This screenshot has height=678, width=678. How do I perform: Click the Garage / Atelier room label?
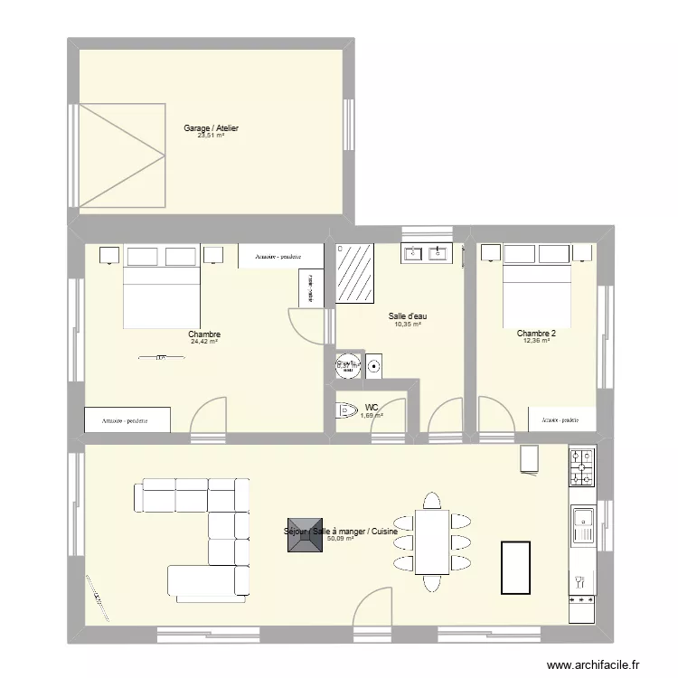pyautogui.click(x=211, y=128)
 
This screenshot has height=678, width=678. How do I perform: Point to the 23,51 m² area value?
pyautogui.click(x=211, y=137)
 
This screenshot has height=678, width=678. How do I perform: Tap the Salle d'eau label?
pyautogui.click(x=408, y=316)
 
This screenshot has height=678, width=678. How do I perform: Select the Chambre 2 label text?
pyautogui.click(x=536, y=334)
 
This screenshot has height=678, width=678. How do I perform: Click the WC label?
pyautogui.click(x=372, y=408)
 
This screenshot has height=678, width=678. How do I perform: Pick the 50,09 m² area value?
pyautogui.click(x=340, y=539)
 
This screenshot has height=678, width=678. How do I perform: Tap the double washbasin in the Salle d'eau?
pyautogui.click(x=426, y=253)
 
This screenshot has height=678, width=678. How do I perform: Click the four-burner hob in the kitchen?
pyautogui.click(x=581, y=467)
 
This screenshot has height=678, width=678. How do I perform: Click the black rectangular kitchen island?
pyautogui.click(x=516, y=567)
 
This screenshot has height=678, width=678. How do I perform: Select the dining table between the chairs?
pyautogui.click(x=432, y=541)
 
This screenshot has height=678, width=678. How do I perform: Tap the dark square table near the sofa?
pyautogui.click(x=303, y=539)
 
